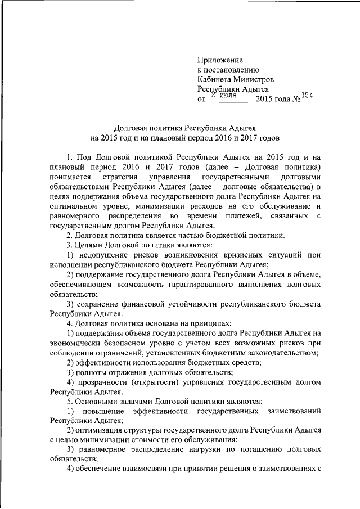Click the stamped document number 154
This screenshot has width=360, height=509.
(x=309, y=95)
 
